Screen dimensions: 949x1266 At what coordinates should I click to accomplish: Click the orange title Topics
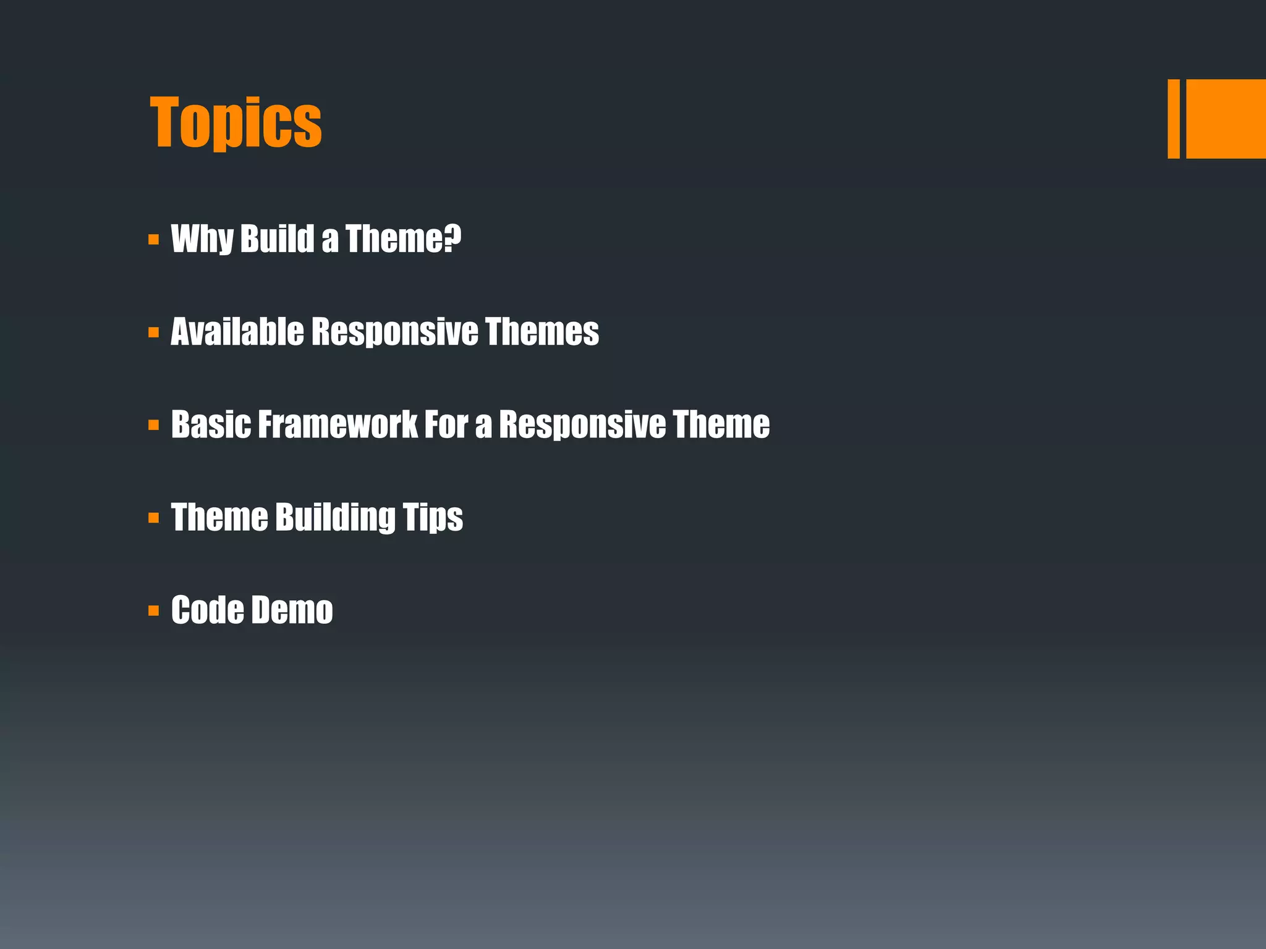coord(236,122)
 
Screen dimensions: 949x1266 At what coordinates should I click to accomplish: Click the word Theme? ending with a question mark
coord(403,238)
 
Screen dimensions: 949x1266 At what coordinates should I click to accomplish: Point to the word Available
coord(237,332)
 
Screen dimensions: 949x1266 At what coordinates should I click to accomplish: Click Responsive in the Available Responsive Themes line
coord(394,332)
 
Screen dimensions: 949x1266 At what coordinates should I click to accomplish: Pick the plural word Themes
coord(542,332)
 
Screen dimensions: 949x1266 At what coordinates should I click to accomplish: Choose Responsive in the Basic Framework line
coord(582,424)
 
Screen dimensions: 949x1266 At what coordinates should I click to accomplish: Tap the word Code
coord(207,610)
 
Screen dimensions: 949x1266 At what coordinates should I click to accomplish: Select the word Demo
coord(292,610)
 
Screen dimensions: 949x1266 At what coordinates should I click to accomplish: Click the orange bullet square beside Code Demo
coord(154,611)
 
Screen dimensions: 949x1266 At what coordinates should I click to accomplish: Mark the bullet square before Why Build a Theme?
coord(154,240)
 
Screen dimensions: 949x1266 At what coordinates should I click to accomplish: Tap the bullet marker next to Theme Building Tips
coord(154,518)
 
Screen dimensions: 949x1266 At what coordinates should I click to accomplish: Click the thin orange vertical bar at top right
coord(1173,119)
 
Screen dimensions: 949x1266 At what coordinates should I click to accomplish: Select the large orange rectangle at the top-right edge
coord(1226,119)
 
